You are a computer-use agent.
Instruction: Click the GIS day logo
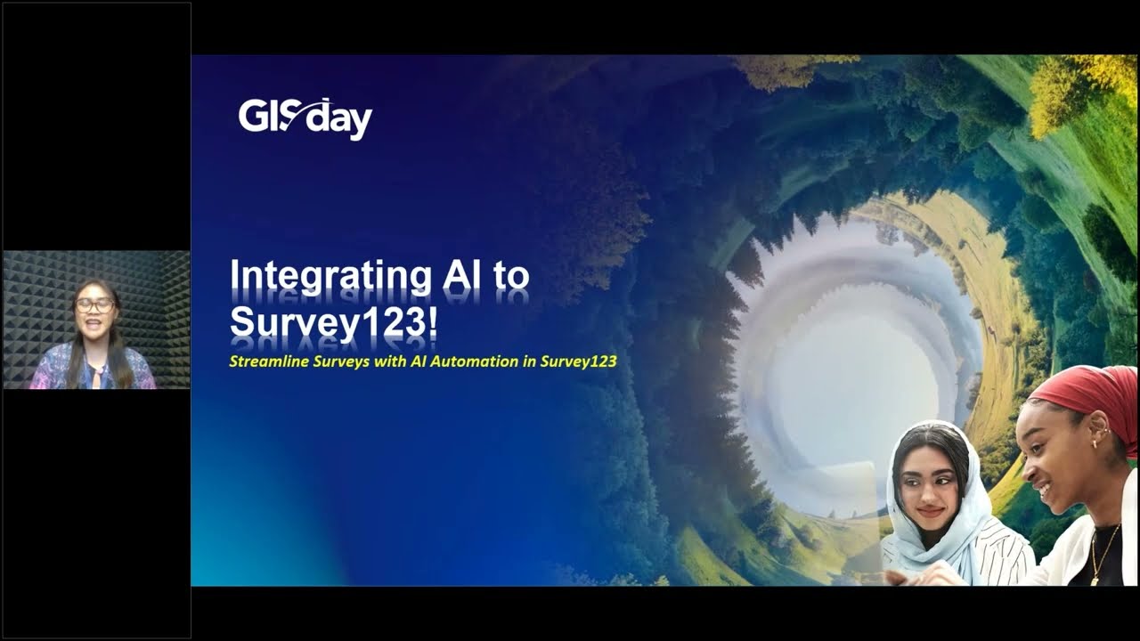point(305,119)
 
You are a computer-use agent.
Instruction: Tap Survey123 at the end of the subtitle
point(578,362)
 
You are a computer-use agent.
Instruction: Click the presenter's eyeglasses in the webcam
point(94,305)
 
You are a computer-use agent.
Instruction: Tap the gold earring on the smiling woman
point(1092,443)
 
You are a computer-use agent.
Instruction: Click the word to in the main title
point(511,276)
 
